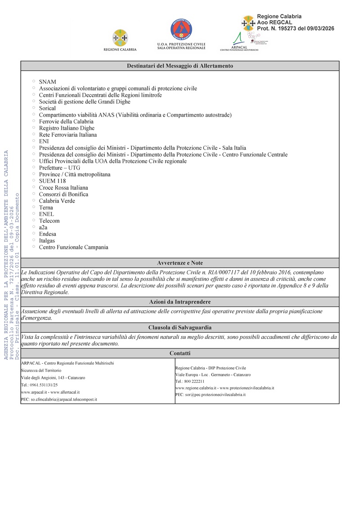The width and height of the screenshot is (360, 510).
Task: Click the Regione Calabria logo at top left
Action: click(x=120, y=38)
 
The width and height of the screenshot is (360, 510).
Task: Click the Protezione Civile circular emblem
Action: click(x=181, y=30)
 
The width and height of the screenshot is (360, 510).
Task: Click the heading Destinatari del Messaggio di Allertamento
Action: click(x=180, y=66)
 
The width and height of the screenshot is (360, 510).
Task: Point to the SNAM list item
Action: click(x=47, y=82)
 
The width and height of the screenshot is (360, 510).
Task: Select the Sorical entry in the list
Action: click(x=47, y=108)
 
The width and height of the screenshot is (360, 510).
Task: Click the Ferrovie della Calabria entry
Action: click(x=66, y=122)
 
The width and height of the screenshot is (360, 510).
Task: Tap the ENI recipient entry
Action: click(x=44, y=141)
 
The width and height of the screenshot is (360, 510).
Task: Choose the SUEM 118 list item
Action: click(x=52, y=181)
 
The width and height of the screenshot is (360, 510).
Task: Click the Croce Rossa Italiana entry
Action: click(x=63, y=188)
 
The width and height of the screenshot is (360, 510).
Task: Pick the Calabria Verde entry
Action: click(x=57, y=201)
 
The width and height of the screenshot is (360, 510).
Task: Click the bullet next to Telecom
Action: click(x=33, y=220)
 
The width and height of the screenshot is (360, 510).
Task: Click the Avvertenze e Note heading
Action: click(x=180, y=263)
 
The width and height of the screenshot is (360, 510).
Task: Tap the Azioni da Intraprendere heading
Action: click(x=180, y=302)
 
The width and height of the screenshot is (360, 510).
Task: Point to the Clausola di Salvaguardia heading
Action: click(x=180, y=328)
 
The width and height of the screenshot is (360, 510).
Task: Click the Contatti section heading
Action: click(x=180, y=353)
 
